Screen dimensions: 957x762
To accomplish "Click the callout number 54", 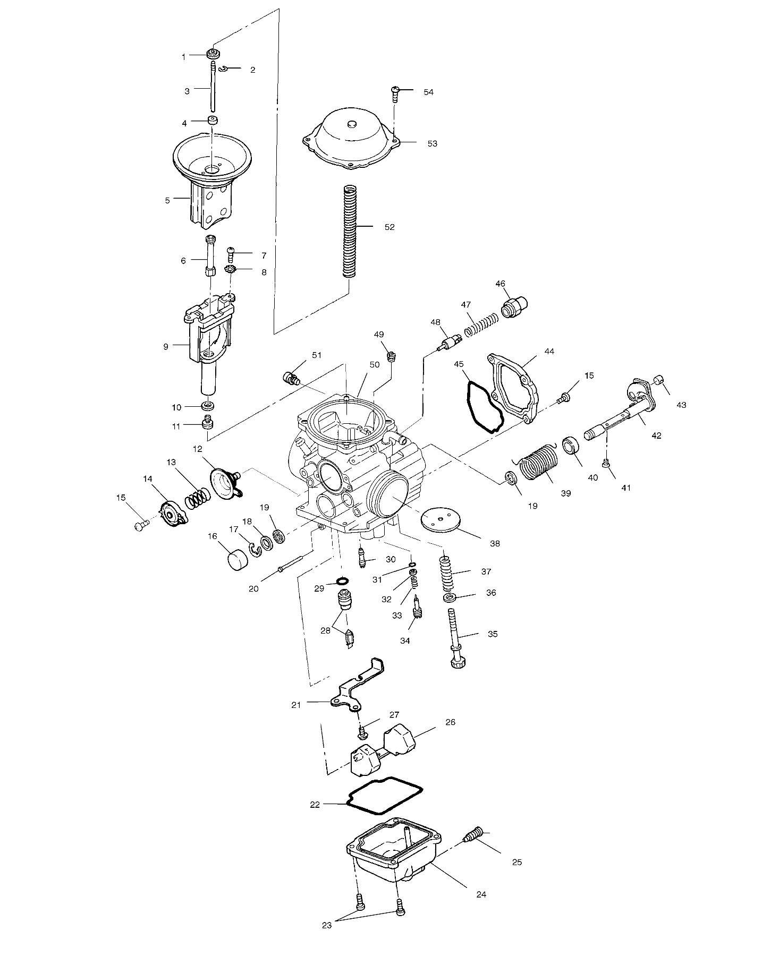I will click(428, 92).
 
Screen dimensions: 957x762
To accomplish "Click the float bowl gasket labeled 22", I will click(384, 802).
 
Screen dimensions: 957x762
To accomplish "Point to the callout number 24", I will click(481, 894).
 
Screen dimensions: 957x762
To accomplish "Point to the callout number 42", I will click(656, 435).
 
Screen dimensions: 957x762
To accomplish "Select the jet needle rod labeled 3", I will click(213, 88).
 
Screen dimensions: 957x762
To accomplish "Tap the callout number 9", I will click(166, 346).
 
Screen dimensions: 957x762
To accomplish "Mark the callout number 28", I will click(325, 630).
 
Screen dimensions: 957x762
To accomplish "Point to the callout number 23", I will click(326, 925).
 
